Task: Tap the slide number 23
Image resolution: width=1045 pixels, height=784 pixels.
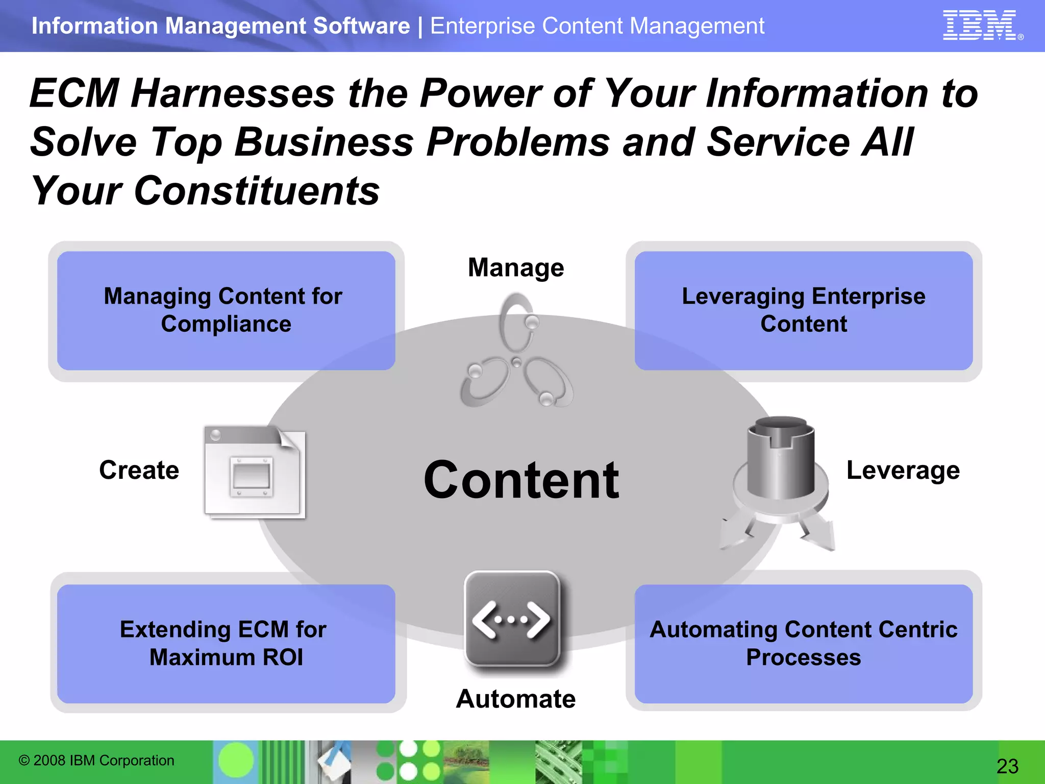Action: [x=1007, y=766]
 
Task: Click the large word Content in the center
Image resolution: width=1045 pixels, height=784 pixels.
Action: [x=521, y=480]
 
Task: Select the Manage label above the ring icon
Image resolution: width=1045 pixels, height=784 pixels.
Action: [x=516, y=267]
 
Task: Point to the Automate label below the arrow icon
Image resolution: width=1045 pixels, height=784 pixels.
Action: [x=516, y=699]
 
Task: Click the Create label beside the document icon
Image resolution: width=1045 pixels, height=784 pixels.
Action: [x=139, y=470]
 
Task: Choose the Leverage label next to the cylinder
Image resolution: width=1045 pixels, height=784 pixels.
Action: [x=903, y=470]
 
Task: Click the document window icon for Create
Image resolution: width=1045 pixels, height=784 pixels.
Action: [x=255, y=472]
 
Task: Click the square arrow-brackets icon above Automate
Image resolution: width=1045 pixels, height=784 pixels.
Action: [x=512, y=619]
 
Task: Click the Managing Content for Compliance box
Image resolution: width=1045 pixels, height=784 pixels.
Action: [x=226, y=310]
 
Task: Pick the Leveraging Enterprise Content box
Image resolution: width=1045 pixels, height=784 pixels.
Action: [x=803, y=310]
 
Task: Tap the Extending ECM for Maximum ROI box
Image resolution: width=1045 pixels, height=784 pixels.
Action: [x=226, y=643]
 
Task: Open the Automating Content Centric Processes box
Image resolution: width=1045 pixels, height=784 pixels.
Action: [x=803, y=643]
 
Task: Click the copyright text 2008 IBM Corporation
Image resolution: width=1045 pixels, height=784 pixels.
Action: [x=97, y=761]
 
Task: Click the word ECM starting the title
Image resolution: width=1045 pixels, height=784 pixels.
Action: [x=74, y=93]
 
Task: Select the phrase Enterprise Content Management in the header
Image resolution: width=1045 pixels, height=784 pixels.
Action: [x=597, y=26]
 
